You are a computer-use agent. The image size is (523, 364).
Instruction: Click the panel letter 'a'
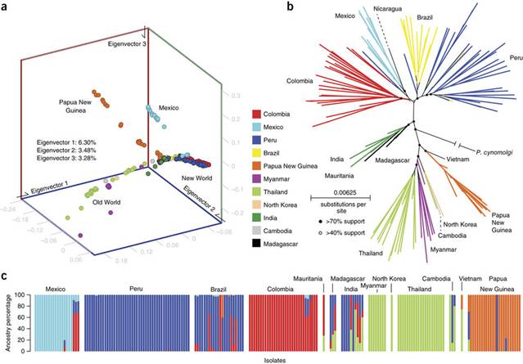[x=7, y=7]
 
